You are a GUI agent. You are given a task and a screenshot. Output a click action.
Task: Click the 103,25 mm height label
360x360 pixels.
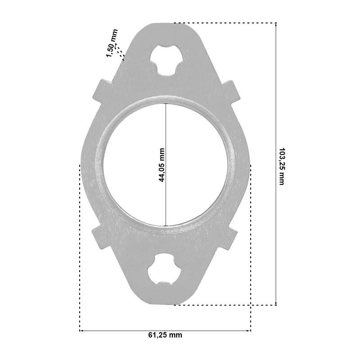pyautogui.click(x=282, y=166)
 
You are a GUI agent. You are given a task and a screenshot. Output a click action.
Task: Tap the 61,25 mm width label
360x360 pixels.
pyautogui.click(x=165, y=335)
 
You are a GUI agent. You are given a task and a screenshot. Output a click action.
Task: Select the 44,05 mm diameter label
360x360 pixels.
pyautogui.click(x=162, y=165)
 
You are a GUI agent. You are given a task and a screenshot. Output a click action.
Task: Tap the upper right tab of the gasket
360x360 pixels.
pyautogui.click(x=229, y=92)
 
